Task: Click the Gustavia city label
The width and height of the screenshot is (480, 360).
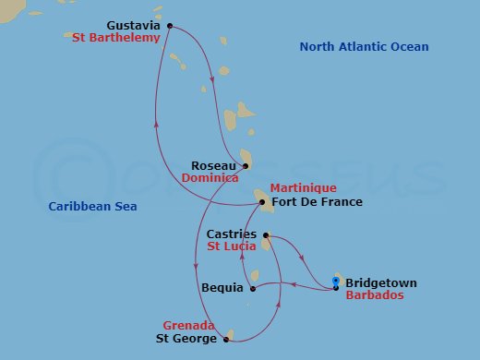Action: click(133, 26)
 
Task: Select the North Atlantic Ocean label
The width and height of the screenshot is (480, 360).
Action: click(364, 47)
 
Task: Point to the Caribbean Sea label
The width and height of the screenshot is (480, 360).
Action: click(92, 207)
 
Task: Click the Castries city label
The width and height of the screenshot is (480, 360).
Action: click(232, 234)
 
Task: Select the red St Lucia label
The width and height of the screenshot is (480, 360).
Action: click(231, 247)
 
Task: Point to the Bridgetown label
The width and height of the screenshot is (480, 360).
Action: click(380, 283)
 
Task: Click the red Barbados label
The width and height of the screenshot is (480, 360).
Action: click(374, 296)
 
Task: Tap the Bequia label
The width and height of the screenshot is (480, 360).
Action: click(222, 288)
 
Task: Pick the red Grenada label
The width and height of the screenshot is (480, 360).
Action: click(188, 326)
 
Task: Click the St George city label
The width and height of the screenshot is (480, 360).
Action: click(186, 339)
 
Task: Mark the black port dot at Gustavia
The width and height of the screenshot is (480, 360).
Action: click(169, 26)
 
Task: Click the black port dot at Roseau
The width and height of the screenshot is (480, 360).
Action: click(246, 166)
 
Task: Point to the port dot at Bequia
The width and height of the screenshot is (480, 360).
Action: click(252, 288)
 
